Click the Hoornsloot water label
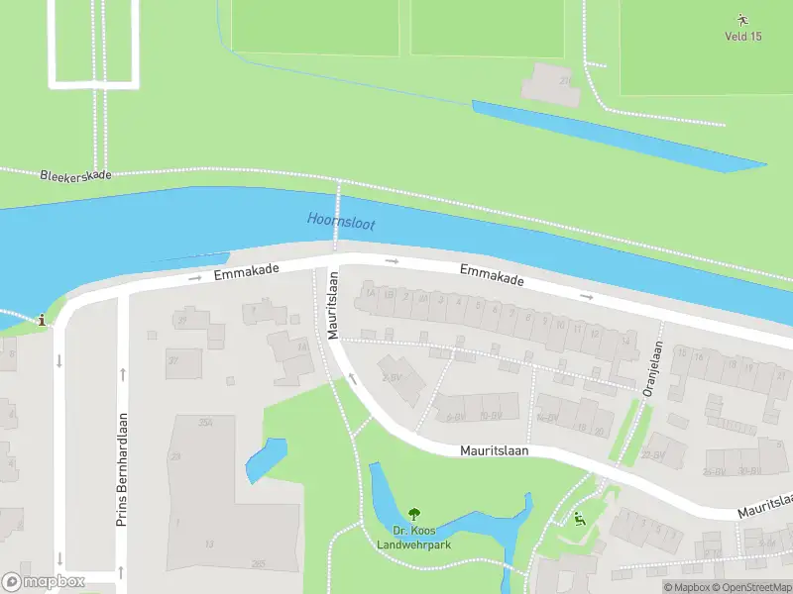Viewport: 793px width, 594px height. tap(341, 220)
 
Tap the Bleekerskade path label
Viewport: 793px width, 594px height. tap(75, 175)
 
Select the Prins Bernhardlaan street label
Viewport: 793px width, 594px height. tap(123, 468)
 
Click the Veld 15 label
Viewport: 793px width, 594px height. tap(743, 37)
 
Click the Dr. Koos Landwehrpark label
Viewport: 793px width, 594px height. tap(414, 536)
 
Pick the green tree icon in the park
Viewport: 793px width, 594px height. tap(414, 513)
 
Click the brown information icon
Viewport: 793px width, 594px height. tap(41, 320)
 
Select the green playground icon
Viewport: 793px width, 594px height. tap(579, 518)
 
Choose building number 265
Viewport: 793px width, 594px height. tap(258, 564)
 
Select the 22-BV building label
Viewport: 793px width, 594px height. tap(651, 455)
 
